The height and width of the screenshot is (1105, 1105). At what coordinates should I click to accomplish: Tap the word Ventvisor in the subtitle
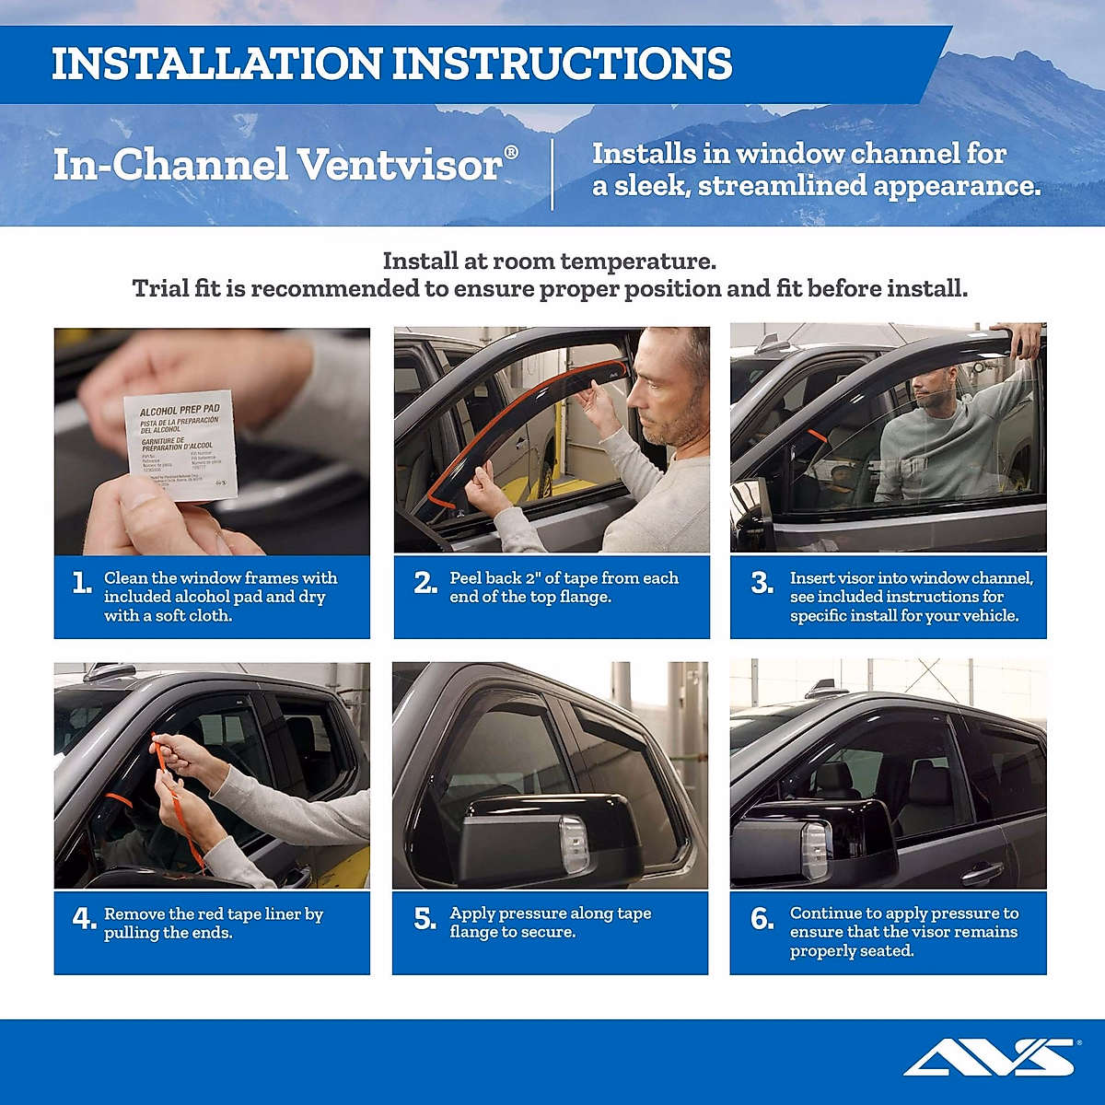(x=401, y=166)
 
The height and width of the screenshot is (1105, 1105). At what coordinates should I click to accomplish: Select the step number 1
(x=81, y=583)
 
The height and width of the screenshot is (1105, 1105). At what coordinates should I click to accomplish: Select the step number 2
(x=425, y=583)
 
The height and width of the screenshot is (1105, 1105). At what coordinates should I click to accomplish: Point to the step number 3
(x=762, y=583)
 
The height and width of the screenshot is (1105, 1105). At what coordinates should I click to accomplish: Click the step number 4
(x=83, y=918)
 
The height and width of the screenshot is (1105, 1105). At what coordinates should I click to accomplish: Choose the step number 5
(x=425, y=918)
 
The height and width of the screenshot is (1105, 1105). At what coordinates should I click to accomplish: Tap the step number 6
(x=762, y=918)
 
